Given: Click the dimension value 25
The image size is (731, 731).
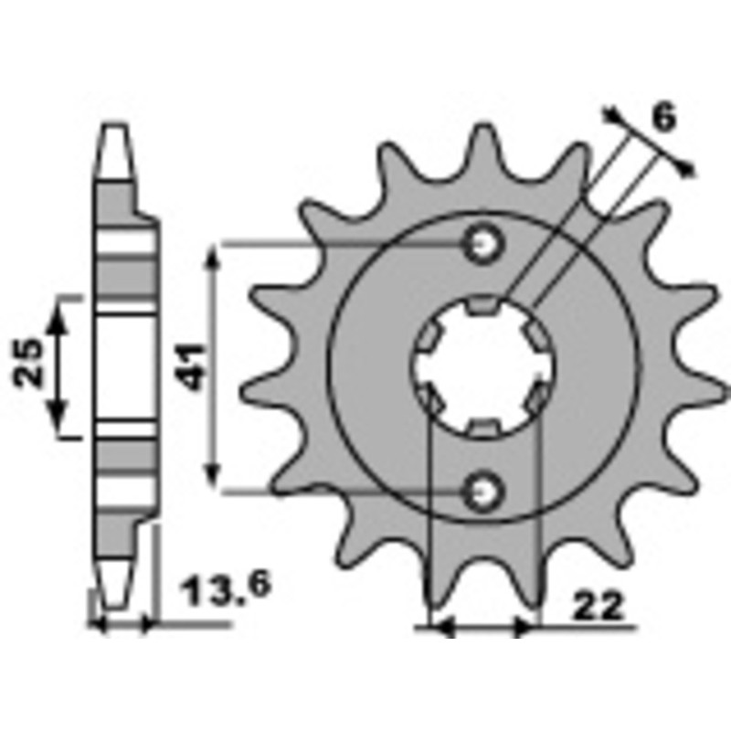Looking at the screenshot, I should pos(28,363).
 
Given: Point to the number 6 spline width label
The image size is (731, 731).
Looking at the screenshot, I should pos(664,118).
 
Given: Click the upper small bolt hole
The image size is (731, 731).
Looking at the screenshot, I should pos(482,243).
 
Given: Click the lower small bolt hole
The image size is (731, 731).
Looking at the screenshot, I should pos(482,492).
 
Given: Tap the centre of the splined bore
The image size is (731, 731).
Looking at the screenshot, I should pos(482,367).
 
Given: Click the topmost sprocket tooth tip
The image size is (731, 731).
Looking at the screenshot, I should pos(482,128).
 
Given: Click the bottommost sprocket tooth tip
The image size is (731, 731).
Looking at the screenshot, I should pos(482,607).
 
